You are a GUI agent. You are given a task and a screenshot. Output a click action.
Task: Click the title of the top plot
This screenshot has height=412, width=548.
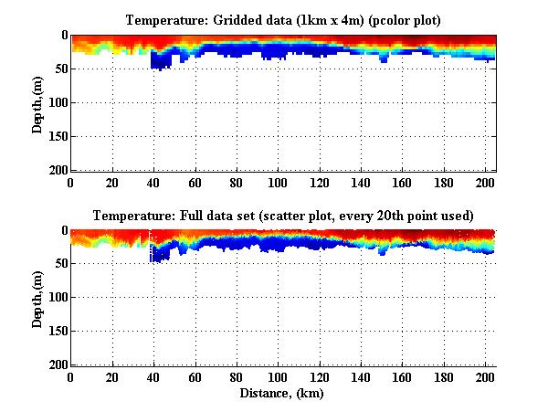point(283,19)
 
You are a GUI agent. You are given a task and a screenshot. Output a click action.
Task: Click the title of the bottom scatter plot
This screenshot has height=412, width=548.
point(283,216)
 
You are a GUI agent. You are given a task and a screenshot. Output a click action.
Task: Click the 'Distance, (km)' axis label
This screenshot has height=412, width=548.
point(283,394)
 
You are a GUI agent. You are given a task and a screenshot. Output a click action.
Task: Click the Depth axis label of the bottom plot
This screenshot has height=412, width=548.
point(38,298)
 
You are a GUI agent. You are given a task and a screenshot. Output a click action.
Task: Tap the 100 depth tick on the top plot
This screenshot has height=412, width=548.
point(56,102)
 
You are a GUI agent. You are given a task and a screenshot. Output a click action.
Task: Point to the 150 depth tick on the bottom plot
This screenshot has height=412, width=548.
point(56,332)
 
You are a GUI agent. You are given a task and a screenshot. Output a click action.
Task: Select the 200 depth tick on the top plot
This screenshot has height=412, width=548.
point(56,170)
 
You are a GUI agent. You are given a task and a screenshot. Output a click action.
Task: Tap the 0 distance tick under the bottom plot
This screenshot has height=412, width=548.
point(71,377)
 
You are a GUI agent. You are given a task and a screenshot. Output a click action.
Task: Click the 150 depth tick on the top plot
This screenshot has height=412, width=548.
point(56,136)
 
